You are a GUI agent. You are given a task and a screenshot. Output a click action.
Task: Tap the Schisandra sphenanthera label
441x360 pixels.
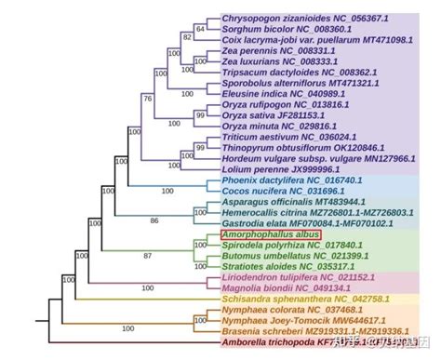click(x=289, y=299)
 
